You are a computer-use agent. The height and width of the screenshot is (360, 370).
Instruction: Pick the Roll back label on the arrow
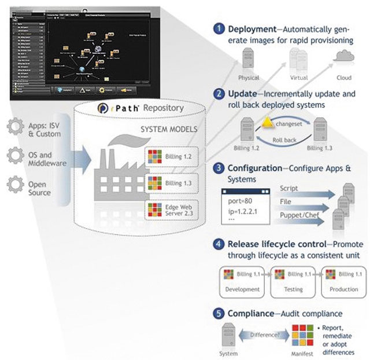click(284, 139)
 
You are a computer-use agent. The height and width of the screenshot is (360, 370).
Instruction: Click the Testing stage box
click(292, 280)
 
